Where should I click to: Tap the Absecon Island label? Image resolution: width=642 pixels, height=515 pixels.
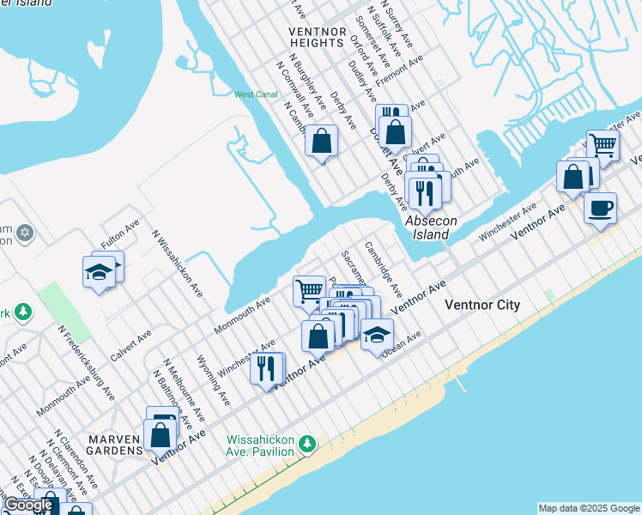tap(427, 227)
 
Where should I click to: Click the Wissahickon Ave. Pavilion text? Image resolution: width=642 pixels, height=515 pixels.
tap(261, 445)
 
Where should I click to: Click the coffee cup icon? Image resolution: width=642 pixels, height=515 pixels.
tap(600, 207)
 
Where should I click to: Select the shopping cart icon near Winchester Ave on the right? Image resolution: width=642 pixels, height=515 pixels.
tap(603, 145)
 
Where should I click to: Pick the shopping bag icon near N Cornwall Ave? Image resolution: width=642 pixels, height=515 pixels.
tap(321, 140)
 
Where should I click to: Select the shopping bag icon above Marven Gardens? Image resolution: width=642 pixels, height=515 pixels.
tap(160, 434)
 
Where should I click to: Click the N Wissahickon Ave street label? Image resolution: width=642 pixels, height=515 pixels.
tap(177, 263)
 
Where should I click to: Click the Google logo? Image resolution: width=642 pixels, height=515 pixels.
tap(28, 505)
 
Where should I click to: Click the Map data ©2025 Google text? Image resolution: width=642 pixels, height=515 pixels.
tap(589, 508)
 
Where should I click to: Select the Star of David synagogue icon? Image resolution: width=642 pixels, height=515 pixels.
tap(24, 233)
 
